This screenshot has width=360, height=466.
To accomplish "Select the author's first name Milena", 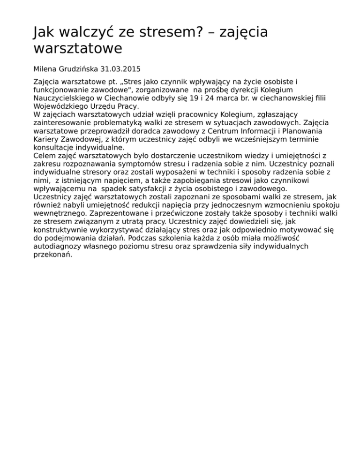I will point(45,69).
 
